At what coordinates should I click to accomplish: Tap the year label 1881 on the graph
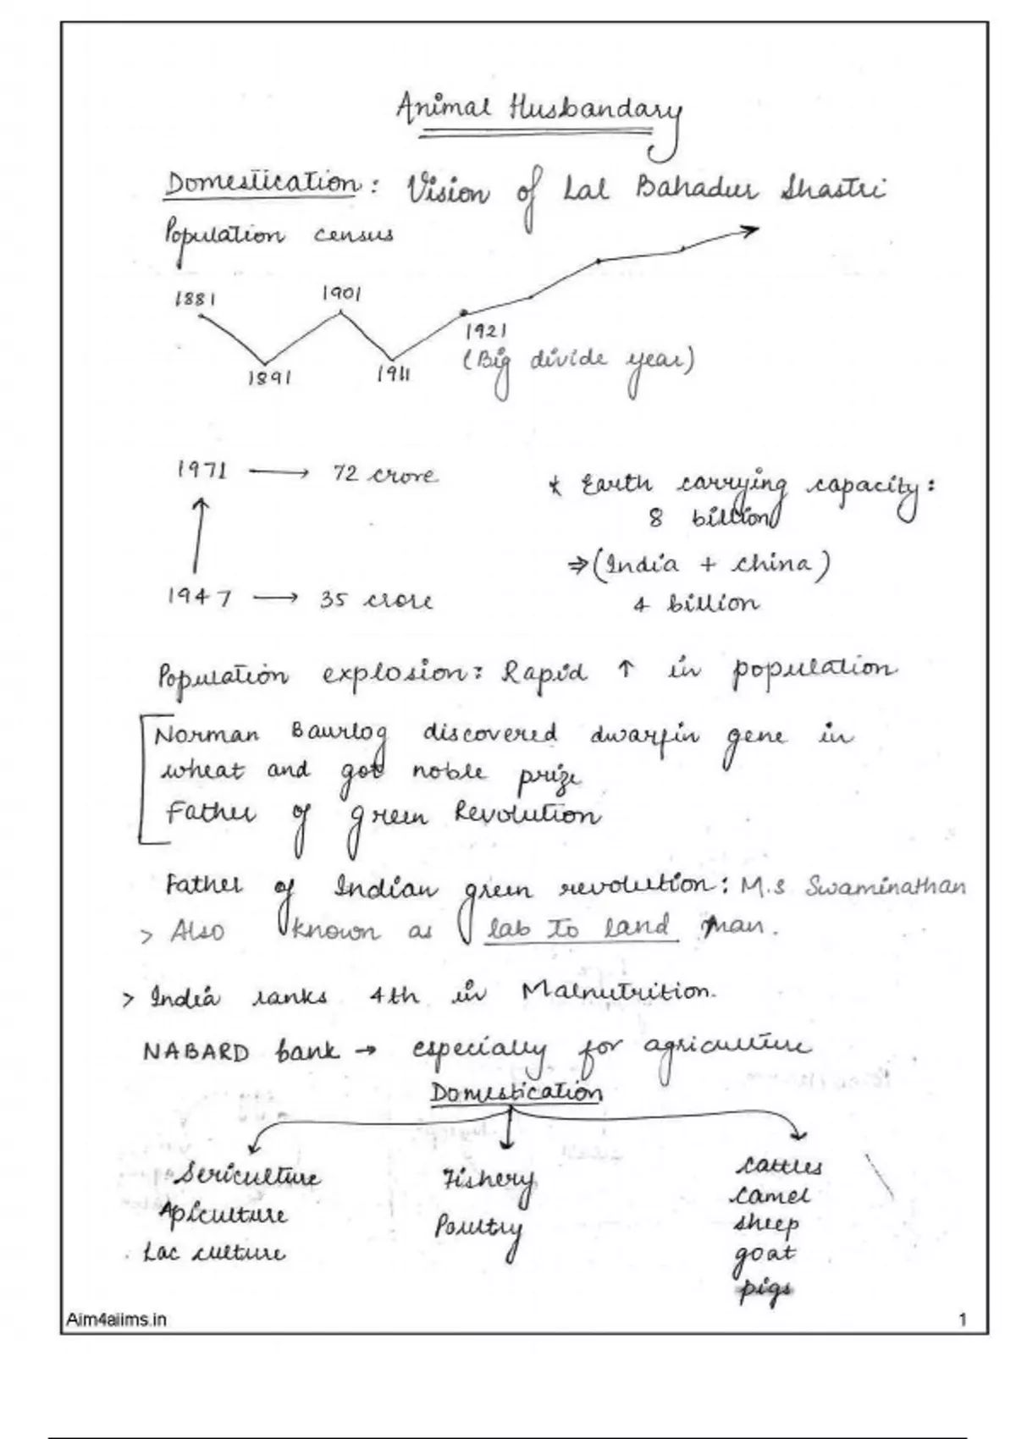tap(195, 299)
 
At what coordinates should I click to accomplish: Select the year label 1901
tap(341, 294)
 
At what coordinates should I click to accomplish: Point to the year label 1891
tap(269, 377)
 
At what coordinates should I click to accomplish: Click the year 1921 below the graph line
tap(486, 331)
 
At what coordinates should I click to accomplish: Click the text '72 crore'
tap(384, 475)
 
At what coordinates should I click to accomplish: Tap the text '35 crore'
tap(376, 600)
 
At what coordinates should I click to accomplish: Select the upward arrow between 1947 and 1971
tap(199, 535)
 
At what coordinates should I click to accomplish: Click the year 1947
tap(199, 598)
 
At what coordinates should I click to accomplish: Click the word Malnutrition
tap(617, 993)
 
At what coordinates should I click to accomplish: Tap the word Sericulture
tap(247, 1175)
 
